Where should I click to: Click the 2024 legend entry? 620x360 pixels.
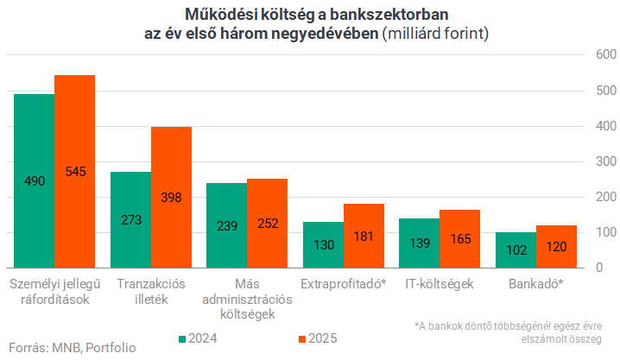(x=198, y=338)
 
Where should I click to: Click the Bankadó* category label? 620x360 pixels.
(x=535, y=283)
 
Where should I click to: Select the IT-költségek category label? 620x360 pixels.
(x=439, y=283)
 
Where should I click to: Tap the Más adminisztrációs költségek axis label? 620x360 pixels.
(x=246, y=299)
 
